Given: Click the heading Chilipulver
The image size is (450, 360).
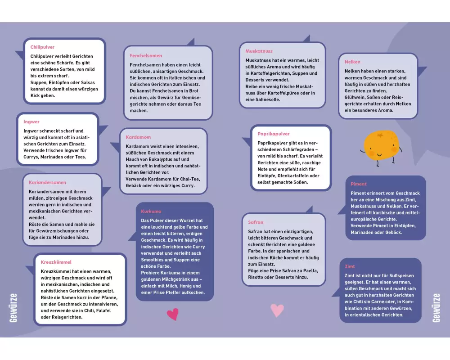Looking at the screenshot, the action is (42, 47).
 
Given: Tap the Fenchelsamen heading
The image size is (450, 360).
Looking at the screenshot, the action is (146, 56).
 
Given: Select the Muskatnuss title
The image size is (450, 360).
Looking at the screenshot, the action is (259, 51).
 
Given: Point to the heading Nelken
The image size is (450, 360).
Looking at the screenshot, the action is (352, 62).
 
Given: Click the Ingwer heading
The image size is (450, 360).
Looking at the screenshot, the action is (31, 121).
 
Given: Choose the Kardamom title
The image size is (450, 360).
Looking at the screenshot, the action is (138, 137).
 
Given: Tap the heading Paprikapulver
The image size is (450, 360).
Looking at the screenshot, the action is (274, 134).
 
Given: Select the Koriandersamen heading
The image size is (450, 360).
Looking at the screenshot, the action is (47, 182).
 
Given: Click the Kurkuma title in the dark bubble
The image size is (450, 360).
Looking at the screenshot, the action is (151, 211).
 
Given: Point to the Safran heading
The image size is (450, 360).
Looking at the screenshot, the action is (256, 222).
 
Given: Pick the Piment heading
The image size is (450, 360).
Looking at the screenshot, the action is (359, 184).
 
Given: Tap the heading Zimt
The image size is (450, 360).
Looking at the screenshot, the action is (350, 266).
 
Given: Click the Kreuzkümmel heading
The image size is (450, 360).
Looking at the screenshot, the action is (56, 262).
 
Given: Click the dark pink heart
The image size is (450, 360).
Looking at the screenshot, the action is (173, 315).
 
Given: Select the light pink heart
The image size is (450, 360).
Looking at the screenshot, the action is (277, 310).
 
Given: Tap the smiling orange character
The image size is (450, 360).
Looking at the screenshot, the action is (381, 147).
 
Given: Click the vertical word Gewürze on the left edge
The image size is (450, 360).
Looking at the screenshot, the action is (13, 308).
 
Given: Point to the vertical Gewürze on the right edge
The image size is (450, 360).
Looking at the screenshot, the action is (436, 308).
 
